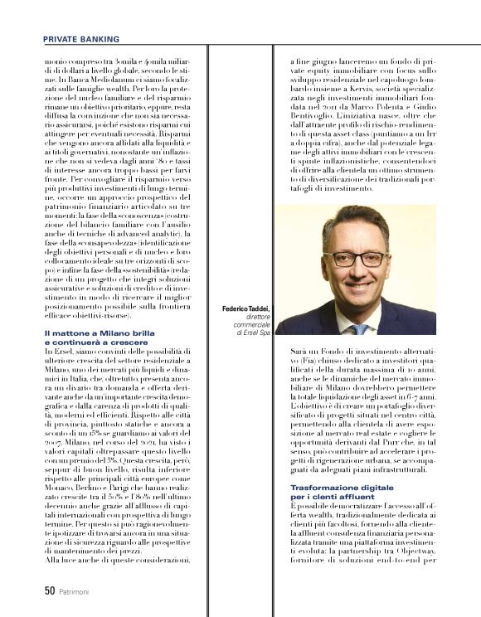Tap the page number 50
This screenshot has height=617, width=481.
[x=49, y=591]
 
